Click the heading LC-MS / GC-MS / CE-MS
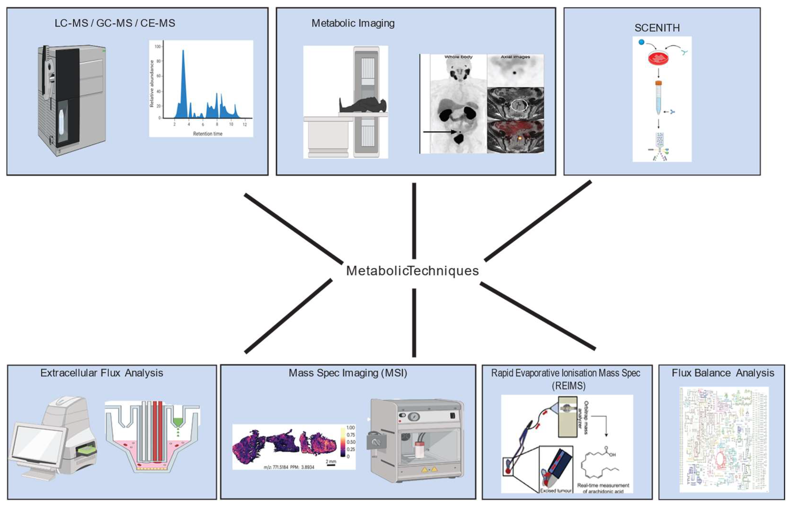115,23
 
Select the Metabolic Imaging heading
353,23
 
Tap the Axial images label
515,57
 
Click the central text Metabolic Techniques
412,271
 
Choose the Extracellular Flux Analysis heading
102,373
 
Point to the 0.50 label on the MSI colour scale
351,442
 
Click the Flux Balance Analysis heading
723,373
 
